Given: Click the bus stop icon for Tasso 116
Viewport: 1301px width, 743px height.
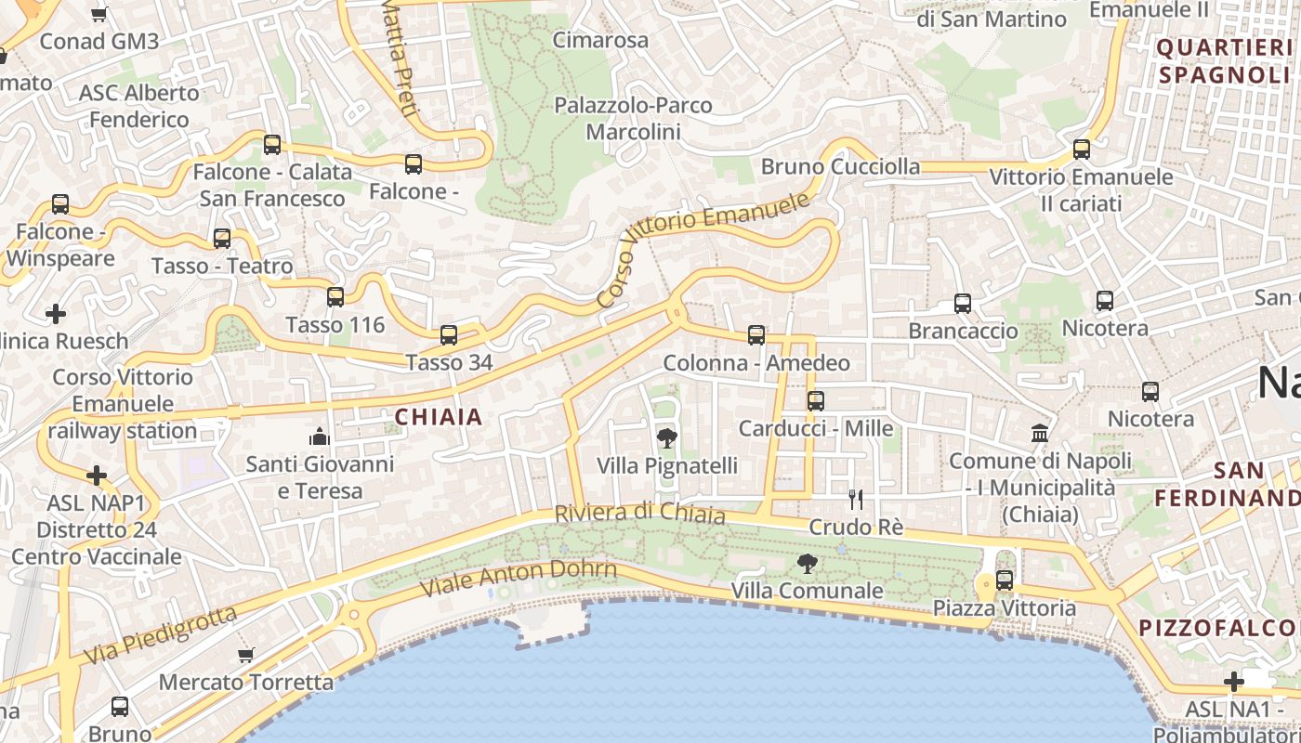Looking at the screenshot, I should click(335, 297).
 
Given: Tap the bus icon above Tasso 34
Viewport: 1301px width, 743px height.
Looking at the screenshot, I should click(449, 335).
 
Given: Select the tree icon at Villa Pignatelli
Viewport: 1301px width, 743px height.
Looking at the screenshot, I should click(666, 438).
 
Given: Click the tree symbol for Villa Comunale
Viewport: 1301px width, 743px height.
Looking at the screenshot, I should click(808, 563).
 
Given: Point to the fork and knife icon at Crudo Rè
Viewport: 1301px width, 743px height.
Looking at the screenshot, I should click(856, 500).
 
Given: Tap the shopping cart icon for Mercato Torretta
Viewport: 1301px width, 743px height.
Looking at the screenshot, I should click(246, 655).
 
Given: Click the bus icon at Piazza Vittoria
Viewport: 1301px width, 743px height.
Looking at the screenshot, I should click(1005, 580).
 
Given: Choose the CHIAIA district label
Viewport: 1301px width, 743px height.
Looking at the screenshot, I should click(440, 417).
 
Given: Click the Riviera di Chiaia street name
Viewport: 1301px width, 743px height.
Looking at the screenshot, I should click(639, 513).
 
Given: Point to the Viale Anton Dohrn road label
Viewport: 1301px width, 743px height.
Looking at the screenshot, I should click(518, 578).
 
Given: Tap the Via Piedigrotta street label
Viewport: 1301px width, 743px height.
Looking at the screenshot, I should click(160, 635).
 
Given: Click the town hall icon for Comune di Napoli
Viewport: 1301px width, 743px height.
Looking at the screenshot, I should click(1040, 434).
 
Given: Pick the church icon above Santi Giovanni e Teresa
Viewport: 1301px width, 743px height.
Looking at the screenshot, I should click(320, 437).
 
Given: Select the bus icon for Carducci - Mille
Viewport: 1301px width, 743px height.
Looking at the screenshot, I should click(815, 401).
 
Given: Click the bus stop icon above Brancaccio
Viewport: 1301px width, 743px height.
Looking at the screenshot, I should click(963, 304).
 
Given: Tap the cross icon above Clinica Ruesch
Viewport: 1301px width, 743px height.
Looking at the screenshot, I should click(56, 314).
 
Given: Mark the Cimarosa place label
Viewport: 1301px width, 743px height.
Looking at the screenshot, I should click(600, 40).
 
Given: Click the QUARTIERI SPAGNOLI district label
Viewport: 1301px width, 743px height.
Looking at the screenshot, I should click(1225, 61).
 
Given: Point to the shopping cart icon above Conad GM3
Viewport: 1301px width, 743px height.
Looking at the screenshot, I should click(99, 14).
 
